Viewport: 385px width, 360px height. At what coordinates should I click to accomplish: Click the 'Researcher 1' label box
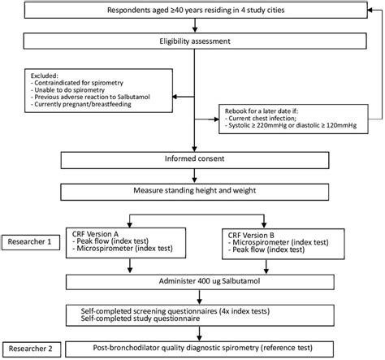(31, 241)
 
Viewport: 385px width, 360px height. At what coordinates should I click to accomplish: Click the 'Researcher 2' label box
(31, 348)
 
